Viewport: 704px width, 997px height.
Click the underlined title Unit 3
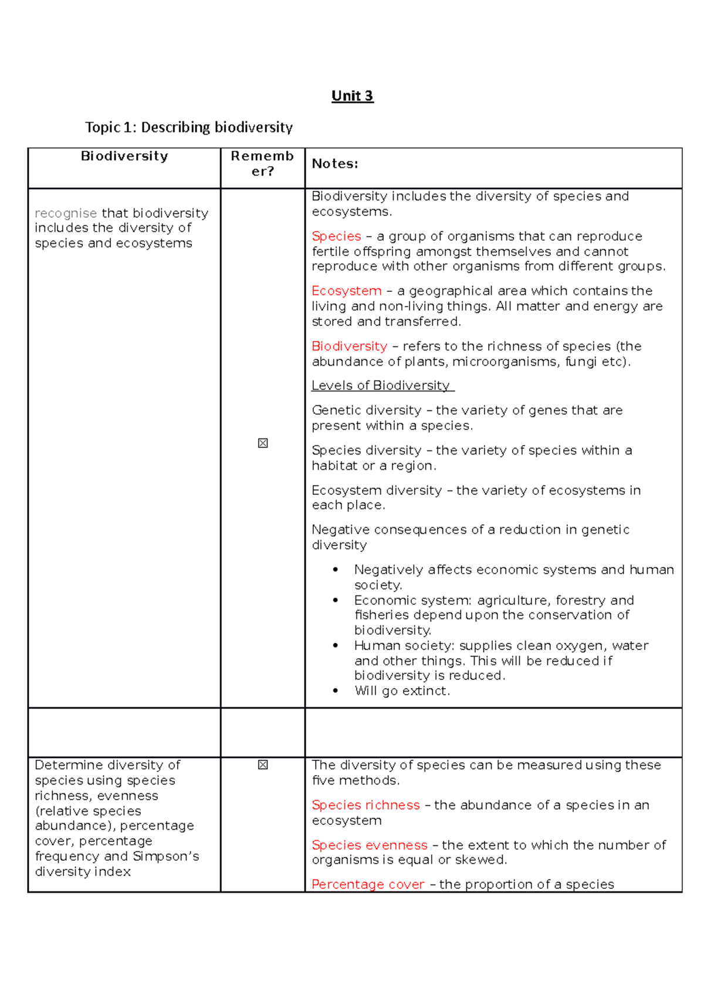point(352,96)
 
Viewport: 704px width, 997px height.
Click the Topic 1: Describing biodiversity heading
point(188,127)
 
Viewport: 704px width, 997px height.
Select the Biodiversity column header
point(124,156)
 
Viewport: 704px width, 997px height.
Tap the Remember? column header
point(262,163)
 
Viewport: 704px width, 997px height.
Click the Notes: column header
point(334,164)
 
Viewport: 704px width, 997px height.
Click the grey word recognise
point(65,213)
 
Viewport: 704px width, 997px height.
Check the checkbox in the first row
point(263,443)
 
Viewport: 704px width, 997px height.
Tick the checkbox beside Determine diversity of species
point(263,764)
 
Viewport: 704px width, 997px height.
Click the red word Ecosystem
point(346,291)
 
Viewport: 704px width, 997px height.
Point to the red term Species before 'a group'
point(336,236)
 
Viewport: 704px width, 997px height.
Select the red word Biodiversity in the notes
point(349,346)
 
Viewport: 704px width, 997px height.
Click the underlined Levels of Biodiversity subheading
point(382,386)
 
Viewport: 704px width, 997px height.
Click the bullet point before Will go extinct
point(336,691)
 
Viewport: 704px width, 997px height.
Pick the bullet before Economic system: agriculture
point(336,600)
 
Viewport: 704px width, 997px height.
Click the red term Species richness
point(365,805)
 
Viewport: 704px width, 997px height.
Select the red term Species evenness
point(369,845)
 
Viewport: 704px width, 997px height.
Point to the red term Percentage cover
point(368,884)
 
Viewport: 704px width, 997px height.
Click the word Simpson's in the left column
point(166,857)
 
